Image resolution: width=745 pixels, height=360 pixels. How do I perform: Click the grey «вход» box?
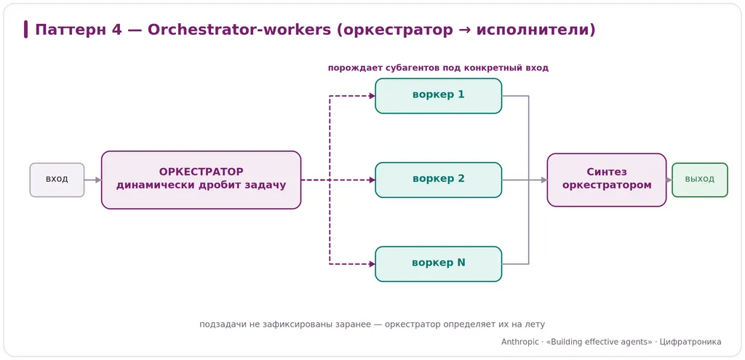click(57, 180)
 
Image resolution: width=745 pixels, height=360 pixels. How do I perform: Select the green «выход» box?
click(699, 180)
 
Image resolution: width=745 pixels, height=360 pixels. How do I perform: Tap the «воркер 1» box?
click(439, 96)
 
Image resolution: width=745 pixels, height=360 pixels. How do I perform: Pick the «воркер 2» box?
click(439, 180)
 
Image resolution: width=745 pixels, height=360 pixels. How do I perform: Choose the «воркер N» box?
click(439, 264)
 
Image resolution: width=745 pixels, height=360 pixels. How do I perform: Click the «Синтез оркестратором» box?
click(607, 180)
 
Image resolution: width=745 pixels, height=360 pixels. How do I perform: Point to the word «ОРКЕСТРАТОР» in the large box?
click(201, 172)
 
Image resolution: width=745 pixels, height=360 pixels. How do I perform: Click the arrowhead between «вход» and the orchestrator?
click(98, 180)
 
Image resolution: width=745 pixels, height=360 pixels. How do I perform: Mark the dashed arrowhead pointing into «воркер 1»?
click(372, 96)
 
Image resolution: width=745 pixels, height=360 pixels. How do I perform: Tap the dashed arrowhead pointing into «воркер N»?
click(372, 264)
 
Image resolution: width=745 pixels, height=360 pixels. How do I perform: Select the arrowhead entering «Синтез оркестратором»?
click(544, 180)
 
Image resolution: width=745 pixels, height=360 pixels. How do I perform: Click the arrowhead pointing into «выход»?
click(669, 180)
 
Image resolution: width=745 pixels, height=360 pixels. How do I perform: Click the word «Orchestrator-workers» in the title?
click(239, 30)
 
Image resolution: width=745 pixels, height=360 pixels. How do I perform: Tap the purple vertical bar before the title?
click(25, 29)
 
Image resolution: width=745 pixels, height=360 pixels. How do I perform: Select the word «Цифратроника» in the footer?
click(691, 342)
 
